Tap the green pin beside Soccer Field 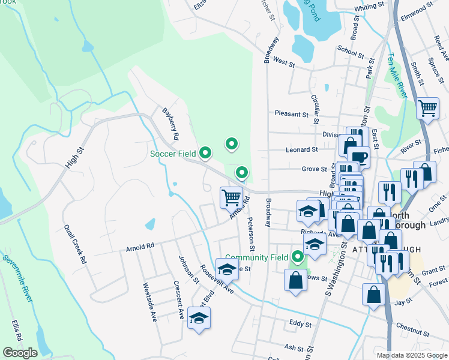205,154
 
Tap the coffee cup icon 360,157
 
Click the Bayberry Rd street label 170,124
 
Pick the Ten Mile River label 396,75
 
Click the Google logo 20,353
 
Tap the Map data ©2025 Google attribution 412,355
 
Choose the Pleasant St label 291,113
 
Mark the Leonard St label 302,149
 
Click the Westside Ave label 149,302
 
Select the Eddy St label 300,323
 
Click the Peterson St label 252,235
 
